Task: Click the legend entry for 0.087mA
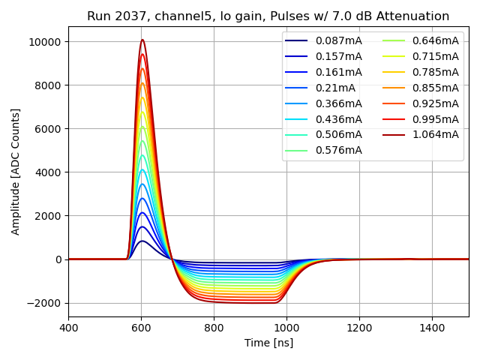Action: (x=338, y=40)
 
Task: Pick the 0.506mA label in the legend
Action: (x=338, y=134)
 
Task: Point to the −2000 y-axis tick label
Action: (x=45, y=303)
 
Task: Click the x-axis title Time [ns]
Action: (x=268, y=343)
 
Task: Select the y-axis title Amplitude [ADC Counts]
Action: (x=16, y=172)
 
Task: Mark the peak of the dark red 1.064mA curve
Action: (x=142, y=40)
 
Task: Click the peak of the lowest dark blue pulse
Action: (x=142, y=241)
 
